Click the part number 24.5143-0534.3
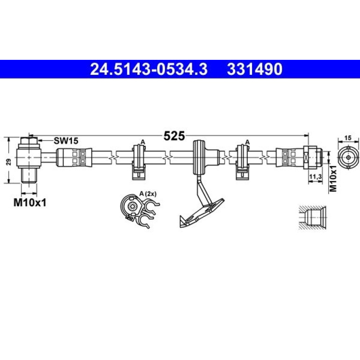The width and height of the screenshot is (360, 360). (x=149, y=69)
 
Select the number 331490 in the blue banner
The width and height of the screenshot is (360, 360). (x=255, y=69)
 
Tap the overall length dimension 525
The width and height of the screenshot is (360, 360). (x=174, y=136)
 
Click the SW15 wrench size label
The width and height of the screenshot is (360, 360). (x=66, y=141)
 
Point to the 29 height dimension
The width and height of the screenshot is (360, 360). (x=9, y=162)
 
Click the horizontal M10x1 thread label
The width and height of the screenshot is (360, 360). (x=30, y=202)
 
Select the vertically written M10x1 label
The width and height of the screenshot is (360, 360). (x=333, y=178)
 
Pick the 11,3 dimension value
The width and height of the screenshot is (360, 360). (x=316, y=176)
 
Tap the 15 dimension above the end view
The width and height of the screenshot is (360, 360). (x=348, y=138)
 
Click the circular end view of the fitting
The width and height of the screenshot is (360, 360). (x=348, y=158)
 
